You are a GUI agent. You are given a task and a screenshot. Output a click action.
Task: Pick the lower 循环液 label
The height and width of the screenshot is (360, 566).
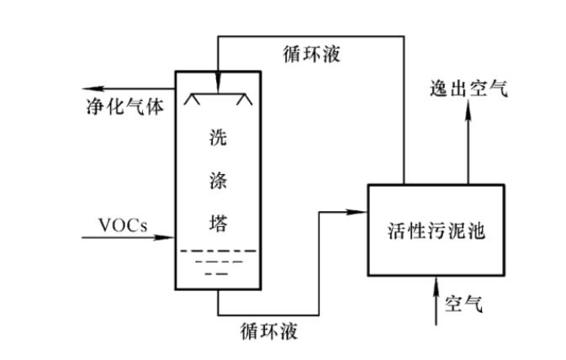point(267,328)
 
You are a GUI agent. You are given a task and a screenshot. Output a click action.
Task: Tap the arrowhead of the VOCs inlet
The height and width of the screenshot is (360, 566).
point(167,237)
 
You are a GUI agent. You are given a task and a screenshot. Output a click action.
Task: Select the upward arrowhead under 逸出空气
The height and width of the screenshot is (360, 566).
point(468,114)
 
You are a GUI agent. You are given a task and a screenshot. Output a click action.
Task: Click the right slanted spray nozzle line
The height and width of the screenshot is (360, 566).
point(245,101)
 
